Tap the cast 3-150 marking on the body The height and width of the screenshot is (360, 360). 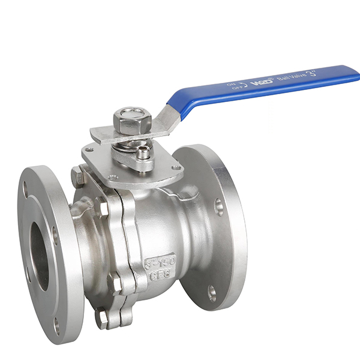pos(160,262)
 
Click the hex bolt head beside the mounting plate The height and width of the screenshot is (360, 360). pos(77,176)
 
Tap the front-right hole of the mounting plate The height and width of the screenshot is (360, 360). pos(175,169)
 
